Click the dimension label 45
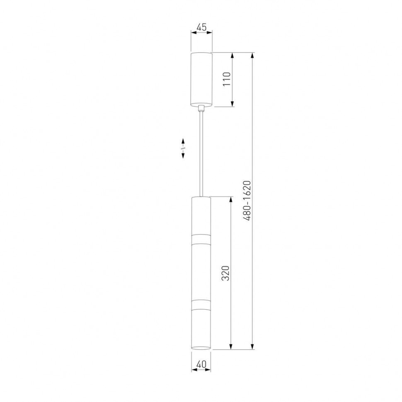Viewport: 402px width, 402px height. [x=201, y=27]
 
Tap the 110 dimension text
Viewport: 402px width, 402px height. [x=227, y=79]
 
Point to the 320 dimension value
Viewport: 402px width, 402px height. [x=225, y=273]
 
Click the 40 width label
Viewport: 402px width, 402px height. [x=201, y=364]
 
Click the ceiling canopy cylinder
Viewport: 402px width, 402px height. [x=201, y=79]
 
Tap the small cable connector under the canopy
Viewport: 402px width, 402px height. [x=201, y=108]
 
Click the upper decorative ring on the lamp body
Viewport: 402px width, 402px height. [x=201, y=239]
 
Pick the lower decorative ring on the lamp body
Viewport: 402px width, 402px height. [x=201, y=304]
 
